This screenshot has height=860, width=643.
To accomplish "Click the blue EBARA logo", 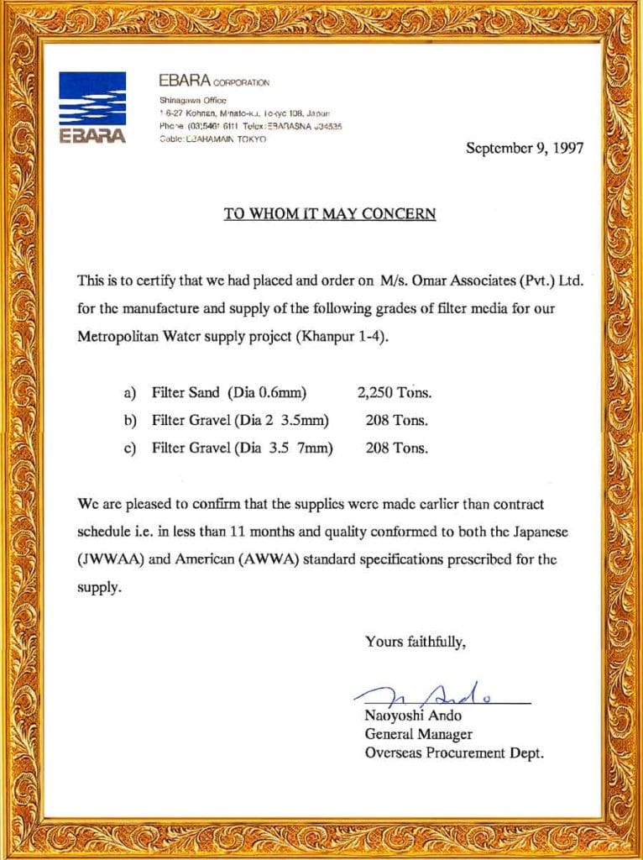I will click(92, 107).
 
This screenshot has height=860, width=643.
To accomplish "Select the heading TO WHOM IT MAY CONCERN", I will click(330, 213).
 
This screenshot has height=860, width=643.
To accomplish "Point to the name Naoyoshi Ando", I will click(413, 716).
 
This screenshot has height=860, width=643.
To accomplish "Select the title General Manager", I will click(418, 735).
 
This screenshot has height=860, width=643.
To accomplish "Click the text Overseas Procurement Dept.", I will click(454, 753).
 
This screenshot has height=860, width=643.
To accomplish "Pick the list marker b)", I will click(130, 420).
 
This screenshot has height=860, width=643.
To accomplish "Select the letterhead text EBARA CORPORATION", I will click(214, 81).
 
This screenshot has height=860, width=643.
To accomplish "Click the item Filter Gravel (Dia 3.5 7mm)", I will click(242, 448).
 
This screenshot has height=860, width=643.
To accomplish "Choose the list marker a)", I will click(130, 392).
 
